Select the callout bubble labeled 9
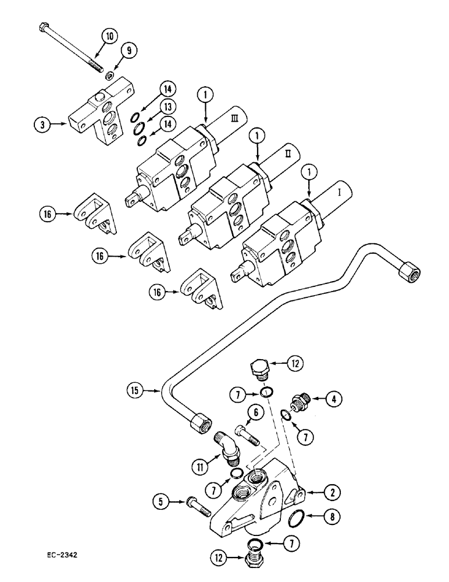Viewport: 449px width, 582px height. coord(130,51)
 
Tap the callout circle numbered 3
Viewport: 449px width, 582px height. coord(41,123)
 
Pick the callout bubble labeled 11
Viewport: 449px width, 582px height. coord(202,466)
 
